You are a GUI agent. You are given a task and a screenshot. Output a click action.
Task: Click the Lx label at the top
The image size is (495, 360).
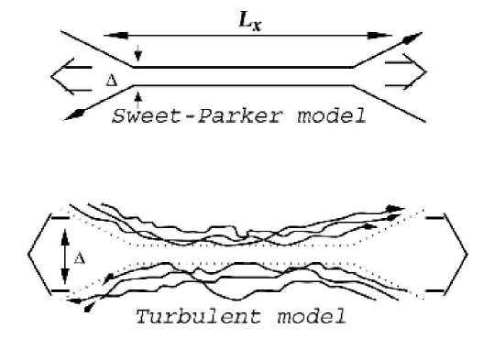click(x=245, y=17)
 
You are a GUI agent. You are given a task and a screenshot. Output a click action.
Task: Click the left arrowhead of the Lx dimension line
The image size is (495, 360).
click(x=108, y=36)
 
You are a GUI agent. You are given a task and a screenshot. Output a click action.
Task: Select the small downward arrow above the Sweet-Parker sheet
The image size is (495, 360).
click(x=137, y=53)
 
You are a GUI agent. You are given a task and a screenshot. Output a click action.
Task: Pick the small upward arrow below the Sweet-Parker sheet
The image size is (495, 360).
click(x=137, y=96)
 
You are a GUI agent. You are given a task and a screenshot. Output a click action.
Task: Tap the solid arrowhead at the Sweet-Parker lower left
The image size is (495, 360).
click(x=74, y=114)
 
